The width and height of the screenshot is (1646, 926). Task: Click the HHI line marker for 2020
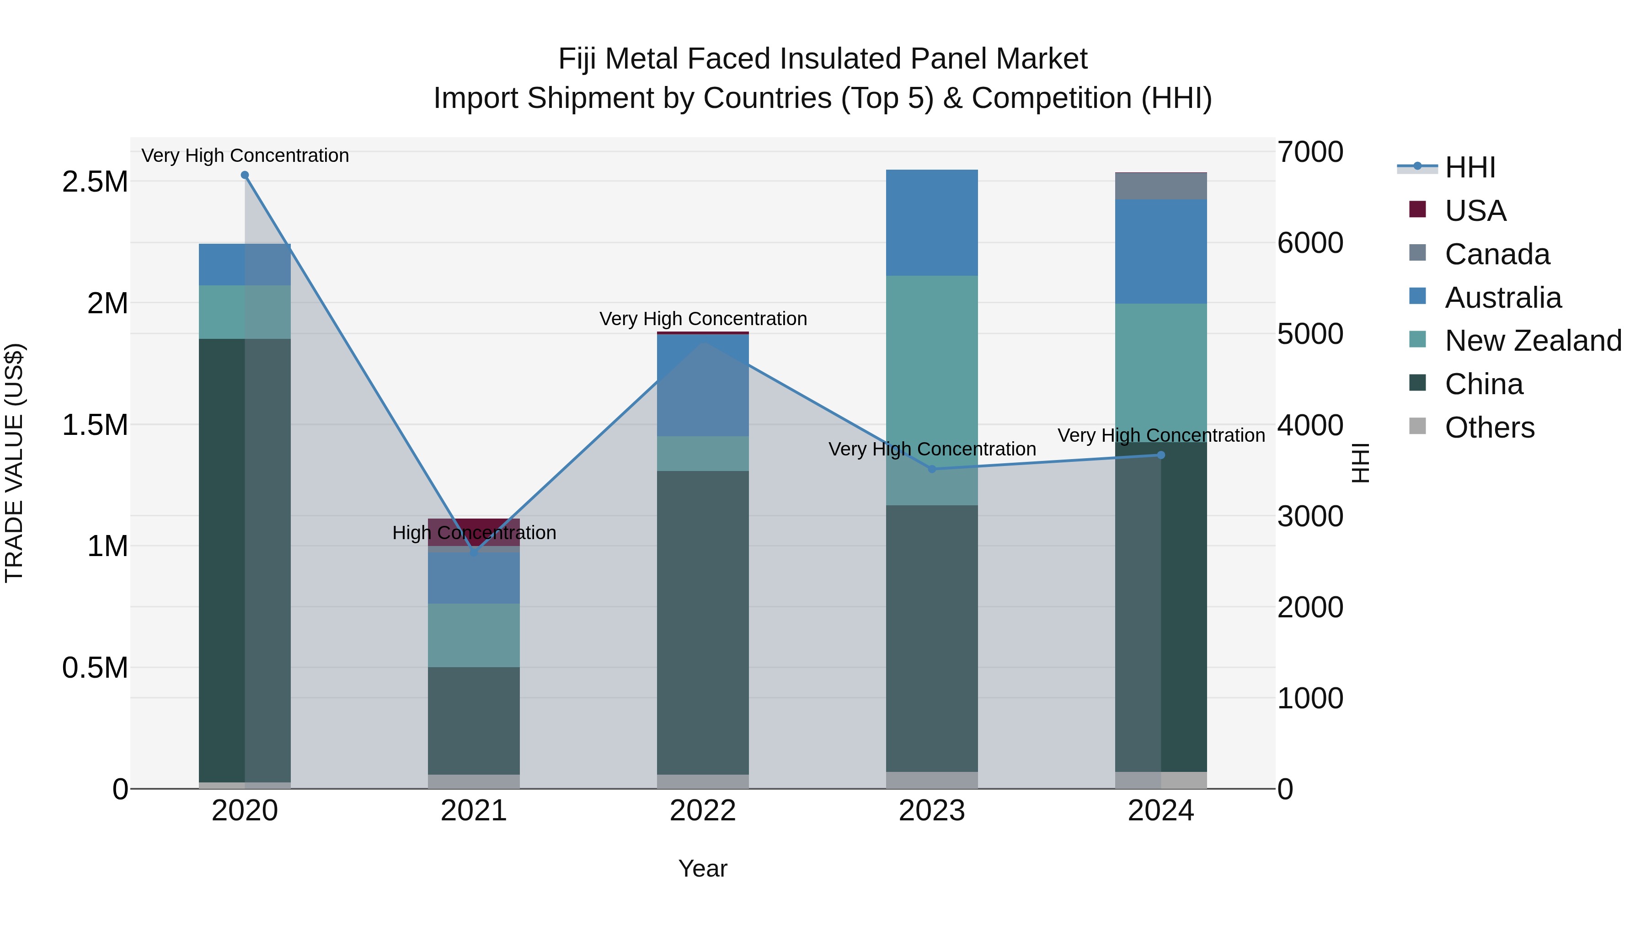[245, 175]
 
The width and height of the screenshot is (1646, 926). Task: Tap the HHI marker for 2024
[1161, 455]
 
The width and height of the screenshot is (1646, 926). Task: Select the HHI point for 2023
[932, 469]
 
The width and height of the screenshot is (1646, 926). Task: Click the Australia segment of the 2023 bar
[932, 222]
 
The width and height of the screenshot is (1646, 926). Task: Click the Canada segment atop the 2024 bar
[1161, 186]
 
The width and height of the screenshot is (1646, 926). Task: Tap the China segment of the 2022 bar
[703, 623]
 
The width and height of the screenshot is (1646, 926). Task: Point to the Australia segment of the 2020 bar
[245, 265]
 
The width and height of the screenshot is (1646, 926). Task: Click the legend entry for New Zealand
[1533, 341]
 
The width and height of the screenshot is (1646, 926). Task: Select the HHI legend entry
[1470, 167]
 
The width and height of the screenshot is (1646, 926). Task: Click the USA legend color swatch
[1417, 209]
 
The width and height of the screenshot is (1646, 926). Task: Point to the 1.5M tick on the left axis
[95, 425]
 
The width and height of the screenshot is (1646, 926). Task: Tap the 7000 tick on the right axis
[1310, 152]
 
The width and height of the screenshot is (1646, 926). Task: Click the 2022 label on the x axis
[703, 811]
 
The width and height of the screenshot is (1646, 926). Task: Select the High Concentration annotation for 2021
[474, 532]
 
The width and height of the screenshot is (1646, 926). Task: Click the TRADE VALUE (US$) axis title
[14, 463]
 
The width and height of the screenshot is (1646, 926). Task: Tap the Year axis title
[703, 868]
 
